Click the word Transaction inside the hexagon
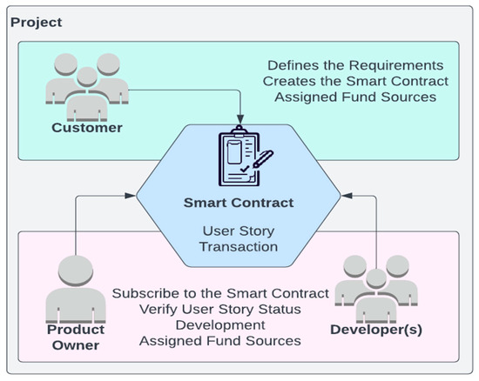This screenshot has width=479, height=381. coord(239,246)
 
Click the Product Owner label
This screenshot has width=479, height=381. coord(77,338)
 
